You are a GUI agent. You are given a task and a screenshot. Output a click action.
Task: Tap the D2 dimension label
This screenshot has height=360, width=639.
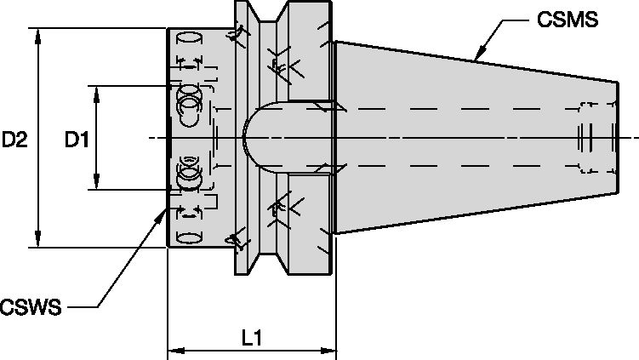coord(15,140)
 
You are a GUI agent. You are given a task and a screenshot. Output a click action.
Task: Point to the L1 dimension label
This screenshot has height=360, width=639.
coord(251,338)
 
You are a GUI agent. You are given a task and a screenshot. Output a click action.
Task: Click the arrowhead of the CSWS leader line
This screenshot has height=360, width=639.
coord(161,214)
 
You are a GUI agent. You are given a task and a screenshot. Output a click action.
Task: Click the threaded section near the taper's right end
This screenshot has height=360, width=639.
coord(588,136)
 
